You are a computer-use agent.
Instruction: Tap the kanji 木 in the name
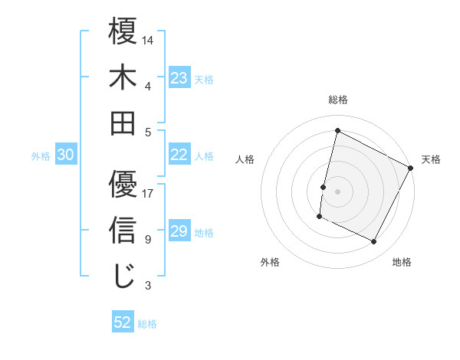click(x=123, y=78)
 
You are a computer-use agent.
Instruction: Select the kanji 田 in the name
click(x=123, y=123)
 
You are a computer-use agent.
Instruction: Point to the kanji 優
click(x=123, y=185)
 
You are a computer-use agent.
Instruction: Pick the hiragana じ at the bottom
click(x=123, y=276)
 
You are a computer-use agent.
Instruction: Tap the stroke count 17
click(x=148, y=194)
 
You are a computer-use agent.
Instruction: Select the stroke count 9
click(x=147, y=240)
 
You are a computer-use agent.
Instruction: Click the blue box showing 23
click(x=179, y=78)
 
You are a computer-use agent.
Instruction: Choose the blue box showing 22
click(x=179, y=155)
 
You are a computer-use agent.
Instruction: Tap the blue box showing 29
click(x=179, y=231)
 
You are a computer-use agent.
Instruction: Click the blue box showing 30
click(x=65, y=155)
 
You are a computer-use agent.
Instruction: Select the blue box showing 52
click(x=123, y=322)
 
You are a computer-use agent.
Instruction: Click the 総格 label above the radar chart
click(x=337, y=100)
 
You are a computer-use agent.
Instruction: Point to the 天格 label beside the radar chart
click(x=431, y=159)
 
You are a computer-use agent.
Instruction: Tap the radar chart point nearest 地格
click(x=374, y=242)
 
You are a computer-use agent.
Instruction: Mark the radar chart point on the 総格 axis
click(x=337, y=130)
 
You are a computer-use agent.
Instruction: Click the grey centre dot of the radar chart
click(x=337, y=191)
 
